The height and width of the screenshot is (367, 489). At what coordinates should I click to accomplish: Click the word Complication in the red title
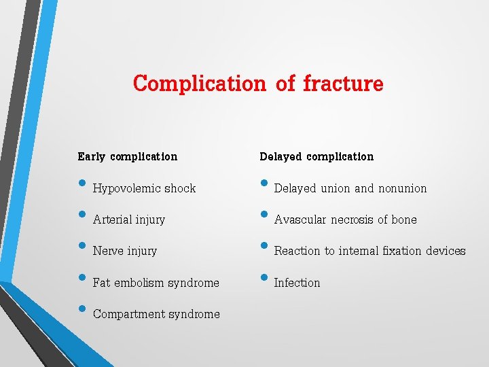(200, 84)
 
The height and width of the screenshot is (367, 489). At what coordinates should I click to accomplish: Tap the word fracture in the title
(343, 84)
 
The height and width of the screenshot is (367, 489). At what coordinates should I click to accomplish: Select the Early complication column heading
(127, 156)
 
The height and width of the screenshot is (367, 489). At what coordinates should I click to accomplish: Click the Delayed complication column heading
(316, 156)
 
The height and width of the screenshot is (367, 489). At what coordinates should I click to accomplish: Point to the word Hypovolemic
(127, 188)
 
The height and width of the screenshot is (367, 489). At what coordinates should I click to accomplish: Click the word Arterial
(112, 220)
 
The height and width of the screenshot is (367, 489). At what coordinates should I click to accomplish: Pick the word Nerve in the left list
(108, 251)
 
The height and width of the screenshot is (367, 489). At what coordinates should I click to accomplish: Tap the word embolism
(144, 283)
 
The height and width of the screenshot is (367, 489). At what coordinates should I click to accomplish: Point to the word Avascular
(300, 220)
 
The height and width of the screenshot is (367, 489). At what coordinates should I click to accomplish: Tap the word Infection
(297, 283)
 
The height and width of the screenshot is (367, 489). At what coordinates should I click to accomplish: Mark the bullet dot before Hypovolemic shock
(82, 184)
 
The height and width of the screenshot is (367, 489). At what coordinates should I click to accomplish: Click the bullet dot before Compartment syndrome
(82, 310)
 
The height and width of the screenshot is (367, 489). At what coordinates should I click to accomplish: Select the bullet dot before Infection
(264, 279)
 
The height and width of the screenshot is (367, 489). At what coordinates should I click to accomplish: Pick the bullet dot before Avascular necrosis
(264, 215)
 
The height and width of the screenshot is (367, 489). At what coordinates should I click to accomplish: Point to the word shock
(180, 188)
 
